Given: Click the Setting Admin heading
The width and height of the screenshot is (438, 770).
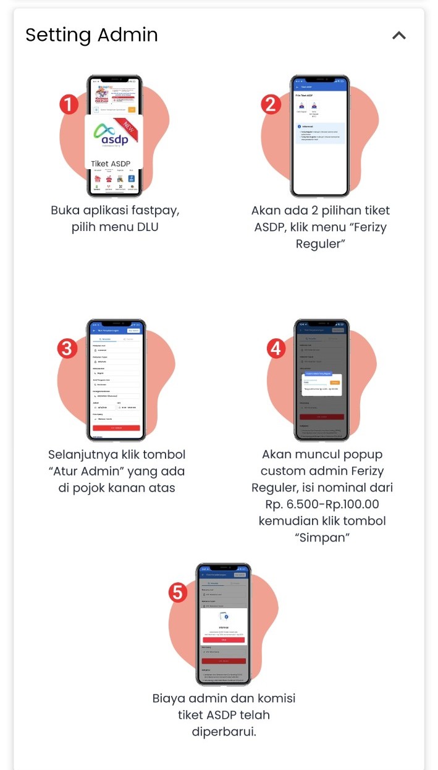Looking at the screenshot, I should (x=91, y=35).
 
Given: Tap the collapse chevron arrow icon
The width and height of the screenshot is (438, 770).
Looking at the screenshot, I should (x=399, y=35).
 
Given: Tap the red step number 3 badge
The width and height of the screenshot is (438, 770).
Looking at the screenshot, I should (x=69, y=348).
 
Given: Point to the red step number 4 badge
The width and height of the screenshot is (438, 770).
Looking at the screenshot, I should (x=276, y=348).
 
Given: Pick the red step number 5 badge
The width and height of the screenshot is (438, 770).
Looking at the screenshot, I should (x=178, y=593).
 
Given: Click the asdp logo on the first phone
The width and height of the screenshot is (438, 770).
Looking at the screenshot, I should (x=110, y=136).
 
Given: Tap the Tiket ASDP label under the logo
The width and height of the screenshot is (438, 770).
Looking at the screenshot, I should (x=111, y=164).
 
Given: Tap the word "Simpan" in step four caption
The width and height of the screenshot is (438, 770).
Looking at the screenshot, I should (x=321, y=537).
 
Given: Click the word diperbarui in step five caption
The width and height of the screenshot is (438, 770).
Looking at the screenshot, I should (x=224, y=732).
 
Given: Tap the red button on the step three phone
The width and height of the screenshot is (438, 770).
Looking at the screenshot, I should (x=116, y=428).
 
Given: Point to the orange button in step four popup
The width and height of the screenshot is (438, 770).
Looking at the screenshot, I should (x=335, y=383).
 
